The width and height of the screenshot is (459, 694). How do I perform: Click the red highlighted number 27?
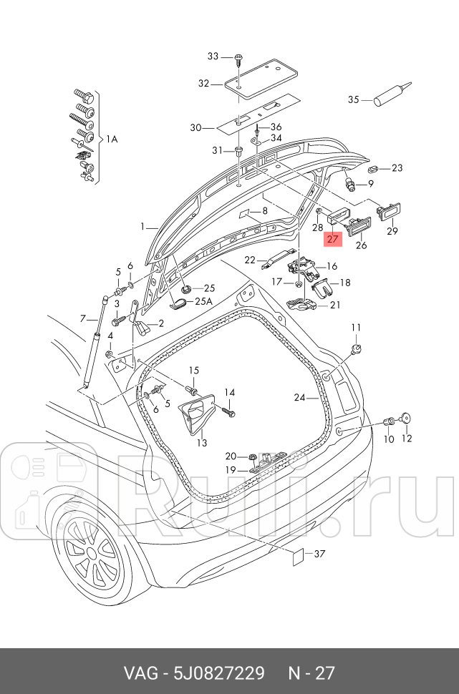point(332,240)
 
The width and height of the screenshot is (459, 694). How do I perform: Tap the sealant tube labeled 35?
point(393,94)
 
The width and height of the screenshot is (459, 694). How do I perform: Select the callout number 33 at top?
point(213,57)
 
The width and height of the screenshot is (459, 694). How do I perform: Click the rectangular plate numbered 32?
point(261,77)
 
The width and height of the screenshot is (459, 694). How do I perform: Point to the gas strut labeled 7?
point(96,340)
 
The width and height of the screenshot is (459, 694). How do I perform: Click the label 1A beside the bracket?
point(111,139)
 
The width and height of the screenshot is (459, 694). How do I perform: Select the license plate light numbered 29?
point(388,211)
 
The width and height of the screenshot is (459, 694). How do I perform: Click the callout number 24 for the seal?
point(300,398)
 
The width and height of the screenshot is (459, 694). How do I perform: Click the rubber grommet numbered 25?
point(186,290)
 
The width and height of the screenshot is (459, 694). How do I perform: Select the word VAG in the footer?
point(141,673)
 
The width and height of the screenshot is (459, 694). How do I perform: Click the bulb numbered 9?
point(351,183)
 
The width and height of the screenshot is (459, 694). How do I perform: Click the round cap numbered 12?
point(406,419)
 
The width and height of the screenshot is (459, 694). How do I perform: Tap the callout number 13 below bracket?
point(202,442)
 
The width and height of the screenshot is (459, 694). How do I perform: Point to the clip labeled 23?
point(373,170)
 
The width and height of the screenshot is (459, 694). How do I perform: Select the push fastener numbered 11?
point(356,349)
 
